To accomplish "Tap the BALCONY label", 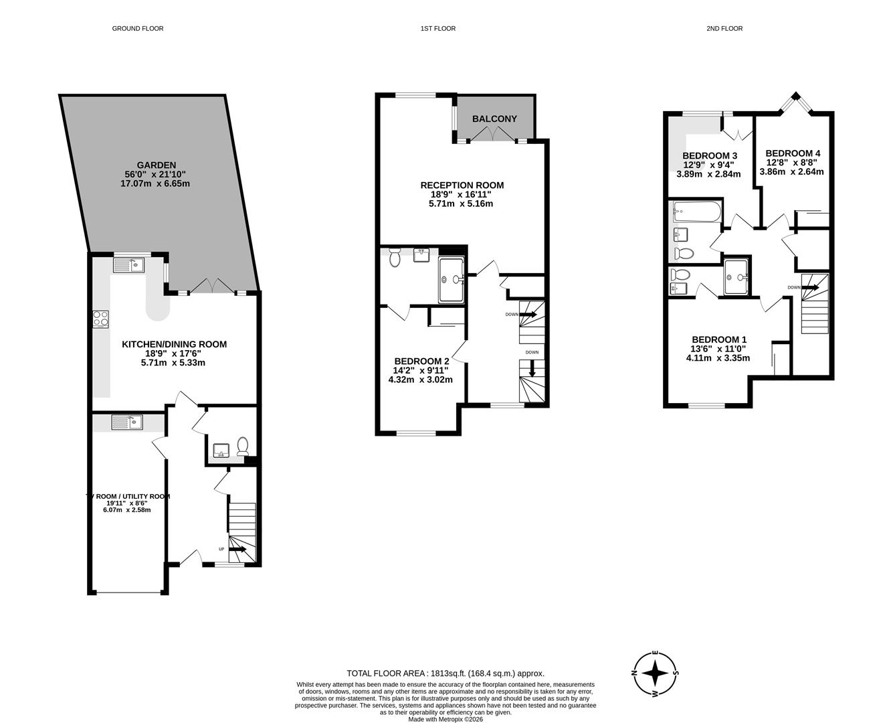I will click(494, 119).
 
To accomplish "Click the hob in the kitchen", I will click(101, 319).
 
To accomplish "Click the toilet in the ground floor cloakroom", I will click(243, 445).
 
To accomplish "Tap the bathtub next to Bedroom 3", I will click(696, 212).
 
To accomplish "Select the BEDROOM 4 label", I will click(792, 153).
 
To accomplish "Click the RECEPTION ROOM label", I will click(462, 185).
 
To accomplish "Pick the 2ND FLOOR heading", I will click(724, 29).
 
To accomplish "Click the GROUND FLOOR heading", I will click(138, 29).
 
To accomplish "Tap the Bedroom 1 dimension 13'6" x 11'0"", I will click(718, 349).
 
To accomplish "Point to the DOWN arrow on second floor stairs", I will click(809, 288).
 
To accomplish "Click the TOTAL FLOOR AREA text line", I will click(445, 673).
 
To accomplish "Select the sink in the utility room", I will click(128, 422).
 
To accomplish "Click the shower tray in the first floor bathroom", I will click(454, 280).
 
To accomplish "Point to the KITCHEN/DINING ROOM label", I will click(174, 344).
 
